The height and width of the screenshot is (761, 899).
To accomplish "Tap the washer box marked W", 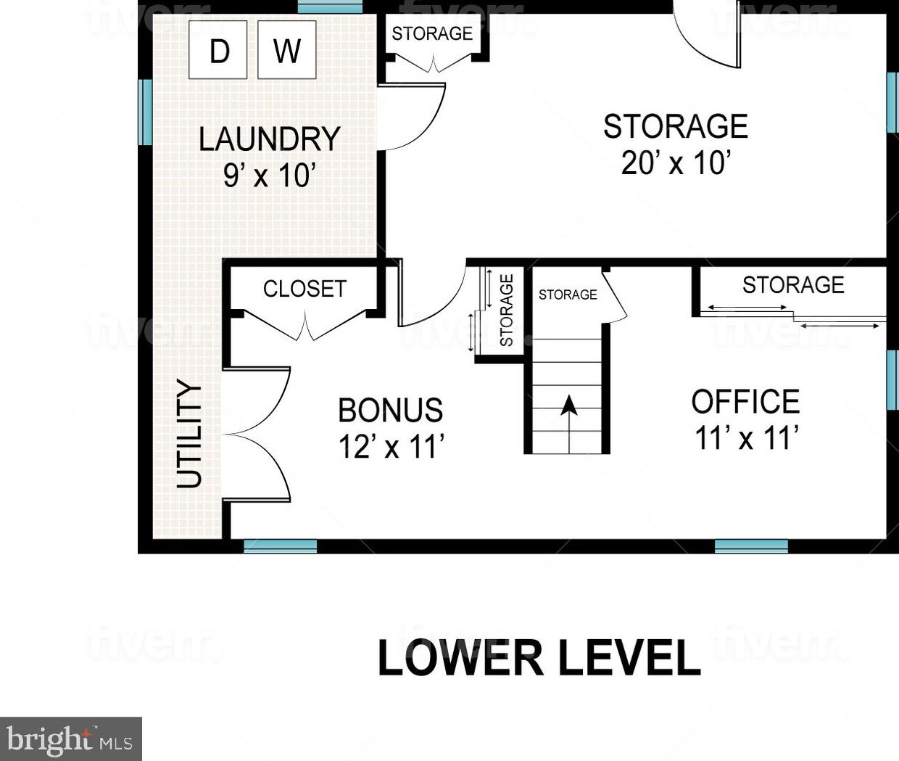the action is coord(286,49).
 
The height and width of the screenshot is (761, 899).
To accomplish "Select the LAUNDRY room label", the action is coord(269,139).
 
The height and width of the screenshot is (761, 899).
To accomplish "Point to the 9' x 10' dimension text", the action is coord(269,175).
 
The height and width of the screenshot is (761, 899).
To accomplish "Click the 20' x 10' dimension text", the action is coord(676,163).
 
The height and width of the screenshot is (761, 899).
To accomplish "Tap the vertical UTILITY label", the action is coord(188,434).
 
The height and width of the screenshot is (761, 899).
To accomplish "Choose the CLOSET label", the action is coord(304,289).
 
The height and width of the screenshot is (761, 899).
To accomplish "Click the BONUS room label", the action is coord(391,410).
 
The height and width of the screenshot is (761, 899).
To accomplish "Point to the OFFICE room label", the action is coord(745,401).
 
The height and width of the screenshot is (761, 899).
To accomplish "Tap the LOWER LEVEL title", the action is coord(539,657).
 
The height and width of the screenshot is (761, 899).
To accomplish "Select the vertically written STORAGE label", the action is coord(507,310).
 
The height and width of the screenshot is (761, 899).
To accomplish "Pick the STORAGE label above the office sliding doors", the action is coord(793,284).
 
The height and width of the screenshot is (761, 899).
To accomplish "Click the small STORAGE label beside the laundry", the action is coord(432,33).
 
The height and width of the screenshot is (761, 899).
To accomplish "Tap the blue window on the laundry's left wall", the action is coord(144,112).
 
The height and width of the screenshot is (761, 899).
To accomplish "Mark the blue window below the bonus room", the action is coord(280,546).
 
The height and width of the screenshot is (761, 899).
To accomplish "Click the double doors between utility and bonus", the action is coord(257,435).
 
